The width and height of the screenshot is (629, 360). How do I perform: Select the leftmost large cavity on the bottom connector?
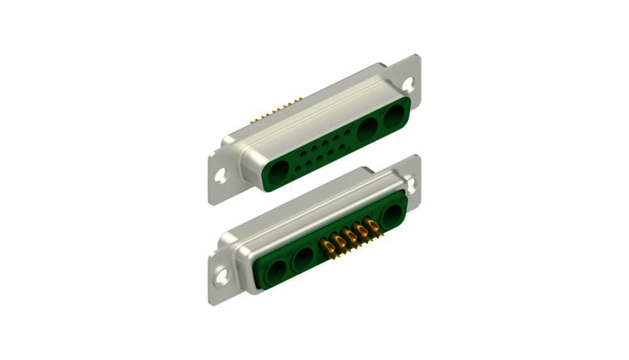(277, 269)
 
